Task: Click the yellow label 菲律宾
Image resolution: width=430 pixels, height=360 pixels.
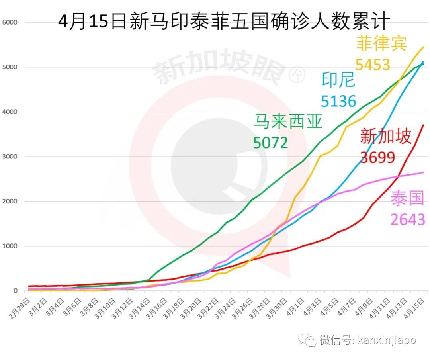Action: click(x=381, y=44)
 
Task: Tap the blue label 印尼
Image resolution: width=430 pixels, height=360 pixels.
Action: click(x=338, y=80)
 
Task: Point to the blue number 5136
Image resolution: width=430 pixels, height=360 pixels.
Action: click(x=338, y=101)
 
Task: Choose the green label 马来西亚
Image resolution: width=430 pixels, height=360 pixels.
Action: click(x=288, y=122)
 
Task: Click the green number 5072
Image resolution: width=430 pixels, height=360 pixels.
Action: click(x=271, y=142)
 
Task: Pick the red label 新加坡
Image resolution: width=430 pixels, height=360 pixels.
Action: click(x=385, y=137)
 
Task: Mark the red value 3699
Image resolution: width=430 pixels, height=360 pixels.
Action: click(x=377, y=157)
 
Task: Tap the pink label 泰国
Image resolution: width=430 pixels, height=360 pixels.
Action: click(x=408, y=199)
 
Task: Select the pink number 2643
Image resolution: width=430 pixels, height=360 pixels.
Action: click(x=408, y=219)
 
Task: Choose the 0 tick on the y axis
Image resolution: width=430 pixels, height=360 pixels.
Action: click(x=16, y=291)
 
